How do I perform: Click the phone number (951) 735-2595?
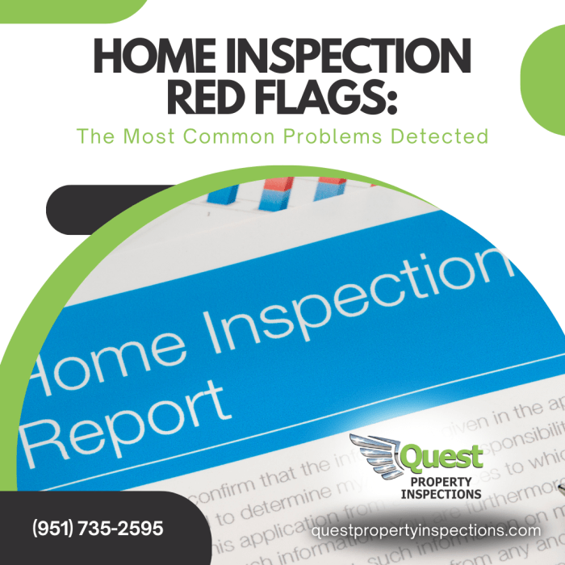pyautogui.click(x=98, y=529)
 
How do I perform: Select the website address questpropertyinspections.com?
pyautogui.click(x=425, y=530)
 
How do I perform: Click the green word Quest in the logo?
pyautogui.click(x=442, y=458)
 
